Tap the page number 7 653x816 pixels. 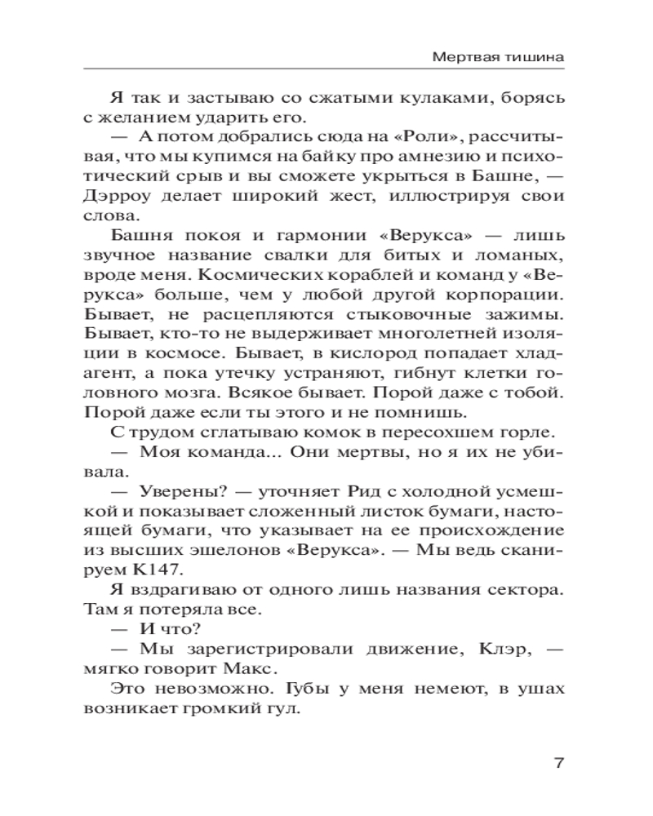click(559, 765)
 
